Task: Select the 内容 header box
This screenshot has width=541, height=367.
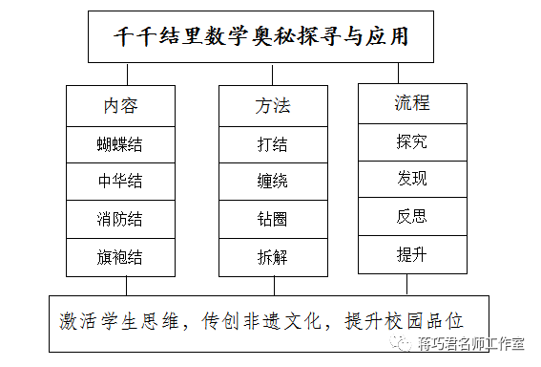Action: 120,105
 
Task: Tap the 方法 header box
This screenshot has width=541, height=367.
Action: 273,105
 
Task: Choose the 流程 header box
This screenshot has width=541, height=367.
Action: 412,102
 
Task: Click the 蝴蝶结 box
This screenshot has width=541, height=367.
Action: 120,144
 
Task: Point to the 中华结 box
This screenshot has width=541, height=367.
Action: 120,182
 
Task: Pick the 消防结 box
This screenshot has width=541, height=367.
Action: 120,219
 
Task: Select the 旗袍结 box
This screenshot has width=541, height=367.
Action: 120,256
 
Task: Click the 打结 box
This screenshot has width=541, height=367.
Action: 273,144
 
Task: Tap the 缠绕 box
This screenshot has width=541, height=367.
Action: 273,182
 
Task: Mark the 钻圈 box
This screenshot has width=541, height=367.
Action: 273,219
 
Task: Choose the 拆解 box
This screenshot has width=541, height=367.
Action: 273,256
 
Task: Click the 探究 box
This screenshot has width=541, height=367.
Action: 412,141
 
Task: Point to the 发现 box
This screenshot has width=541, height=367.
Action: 412,179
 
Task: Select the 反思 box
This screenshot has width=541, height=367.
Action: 412,216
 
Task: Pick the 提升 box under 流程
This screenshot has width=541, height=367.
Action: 412,254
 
